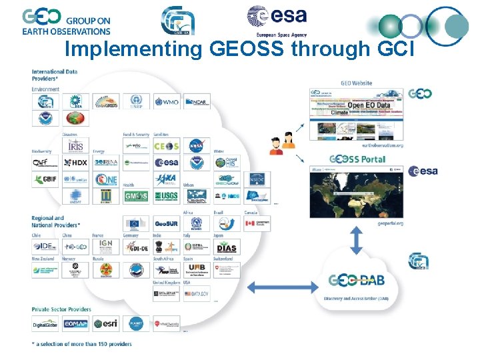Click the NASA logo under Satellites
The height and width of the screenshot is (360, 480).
click(x=196, y=146)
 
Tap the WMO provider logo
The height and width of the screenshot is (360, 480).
click(x=167, y=102)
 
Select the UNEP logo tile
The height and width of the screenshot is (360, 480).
click(x=137, y=102)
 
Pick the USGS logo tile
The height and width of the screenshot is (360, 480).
click(x=166, y=197)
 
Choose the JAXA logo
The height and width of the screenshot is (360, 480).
click(x=166, y=179)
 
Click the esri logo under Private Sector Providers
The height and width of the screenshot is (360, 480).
click(x=106, y=324)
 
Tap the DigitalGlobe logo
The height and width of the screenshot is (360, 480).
click(x=45, y=324)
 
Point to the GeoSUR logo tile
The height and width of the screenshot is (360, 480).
click(x=166, y=222)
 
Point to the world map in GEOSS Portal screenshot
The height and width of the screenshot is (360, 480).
click(x=357, y=196)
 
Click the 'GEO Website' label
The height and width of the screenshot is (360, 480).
click(x=357, y=83)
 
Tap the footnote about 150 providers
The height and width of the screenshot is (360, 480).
click(x=81, y=344)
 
